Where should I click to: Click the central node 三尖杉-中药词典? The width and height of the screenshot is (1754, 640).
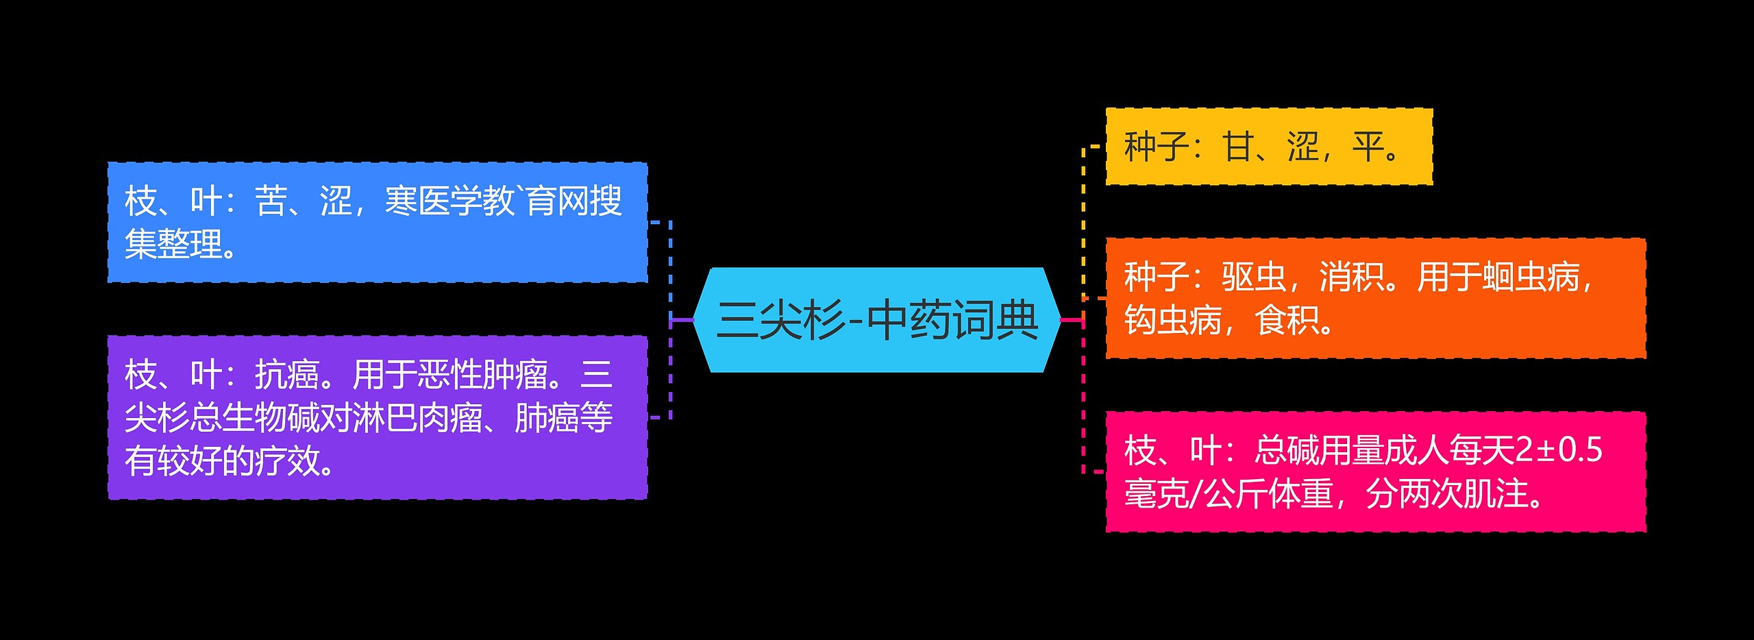click(x=877, y=320)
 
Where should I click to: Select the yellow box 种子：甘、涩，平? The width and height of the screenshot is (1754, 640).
click(x=1268, y=147)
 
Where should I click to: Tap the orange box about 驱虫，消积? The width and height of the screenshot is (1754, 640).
click(x=1375, y=299)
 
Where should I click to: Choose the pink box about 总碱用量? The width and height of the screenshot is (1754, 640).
click(x=1375, y=471)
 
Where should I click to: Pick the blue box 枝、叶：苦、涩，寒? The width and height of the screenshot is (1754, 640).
click(x=378, y=222)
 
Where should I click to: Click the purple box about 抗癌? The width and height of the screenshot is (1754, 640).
click(x=378, y=417)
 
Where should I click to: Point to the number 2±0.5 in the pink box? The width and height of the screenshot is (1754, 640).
click(x=1559, y=450)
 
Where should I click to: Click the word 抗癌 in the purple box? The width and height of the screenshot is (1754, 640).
click(x=287, y=375)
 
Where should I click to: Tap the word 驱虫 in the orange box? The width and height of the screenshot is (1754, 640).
click(x=1253, y=278)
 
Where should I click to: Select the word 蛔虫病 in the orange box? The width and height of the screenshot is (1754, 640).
click(x=1531, y=278)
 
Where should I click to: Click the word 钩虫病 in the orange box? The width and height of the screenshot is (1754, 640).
click(x=1172, y=320)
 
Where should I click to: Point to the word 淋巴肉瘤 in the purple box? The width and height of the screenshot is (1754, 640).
click(x=418, y=418)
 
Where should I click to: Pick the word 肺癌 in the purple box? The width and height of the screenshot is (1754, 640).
click(x=546, y=418)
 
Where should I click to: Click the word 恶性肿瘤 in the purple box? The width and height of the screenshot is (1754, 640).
click(x=482, y=375)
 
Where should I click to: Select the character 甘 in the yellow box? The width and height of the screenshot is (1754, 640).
click(x=1237, y=147)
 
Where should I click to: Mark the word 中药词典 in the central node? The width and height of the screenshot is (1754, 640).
click(x=952, y=320)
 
